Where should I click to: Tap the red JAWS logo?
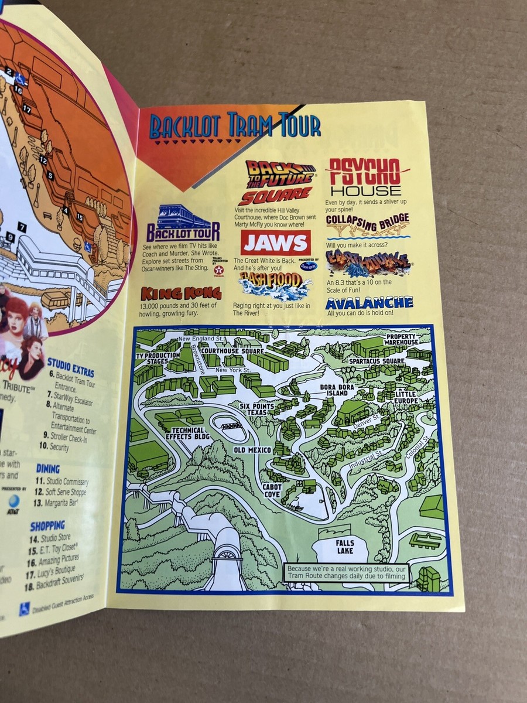tap(275, 243)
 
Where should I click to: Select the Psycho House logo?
tap(367, 176)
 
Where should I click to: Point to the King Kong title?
tap(180, 294)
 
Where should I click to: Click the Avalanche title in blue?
tap(369, 303)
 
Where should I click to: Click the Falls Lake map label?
tap(345, 547)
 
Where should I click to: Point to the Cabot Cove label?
tap(272, 490)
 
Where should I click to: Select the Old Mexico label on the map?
tap(252, 449)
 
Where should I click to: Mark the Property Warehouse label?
tap(402, 339)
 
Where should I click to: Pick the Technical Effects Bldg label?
tap(187, 434)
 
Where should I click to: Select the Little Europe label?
tap(405, 397)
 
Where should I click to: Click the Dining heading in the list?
tap(48, 468)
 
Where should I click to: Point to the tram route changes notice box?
tap(346, 572)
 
